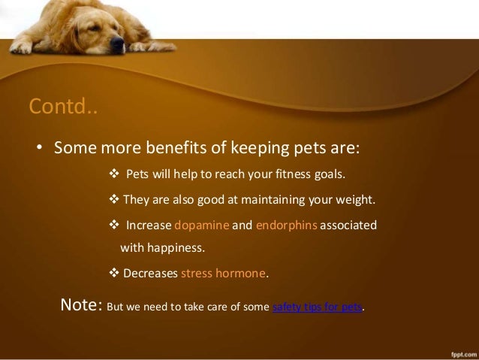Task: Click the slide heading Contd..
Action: point(63,107)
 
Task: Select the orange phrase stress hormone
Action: point(223,273)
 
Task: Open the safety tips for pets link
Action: point(316,308)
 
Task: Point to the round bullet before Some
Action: point(41,146)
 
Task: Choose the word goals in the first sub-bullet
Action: point(330,176)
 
